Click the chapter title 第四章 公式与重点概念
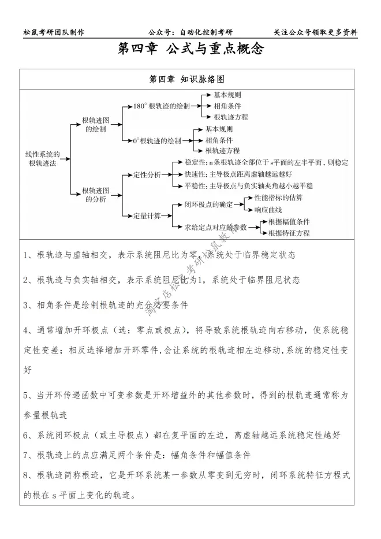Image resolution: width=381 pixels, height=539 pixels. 190,50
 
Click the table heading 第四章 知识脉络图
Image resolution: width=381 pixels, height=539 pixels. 190,79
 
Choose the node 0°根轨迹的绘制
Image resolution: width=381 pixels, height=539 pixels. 157,140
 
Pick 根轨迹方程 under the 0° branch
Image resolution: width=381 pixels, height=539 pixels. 223,151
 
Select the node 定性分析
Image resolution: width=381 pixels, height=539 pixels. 147,174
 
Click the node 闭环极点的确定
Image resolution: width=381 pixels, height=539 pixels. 208,204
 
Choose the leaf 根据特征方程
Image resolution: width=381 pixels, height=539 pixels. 289,233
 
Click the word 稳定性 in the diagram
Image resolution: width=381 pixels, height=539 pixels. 195,162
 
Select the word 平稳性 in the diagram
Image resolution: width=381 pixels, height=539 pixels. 195,185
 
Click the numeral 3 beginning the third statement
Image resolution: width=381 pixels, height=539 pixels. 27,304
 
